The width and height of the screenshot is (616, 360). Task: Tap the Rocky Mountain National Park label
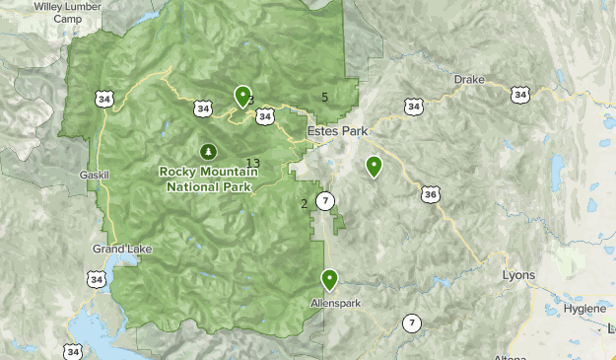coord(209,178)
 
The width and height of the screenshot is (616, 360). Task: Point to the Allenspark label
coord(329,302)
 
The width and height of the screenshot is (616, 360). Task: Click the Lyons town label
coord(518,275)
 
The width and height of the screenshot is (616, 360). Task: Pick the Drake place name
coord(469,80)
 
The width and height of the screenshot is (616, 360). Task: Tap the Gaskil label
coord(99,175)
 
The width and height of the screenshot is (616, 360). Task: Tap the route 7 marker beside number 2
coord(326,202)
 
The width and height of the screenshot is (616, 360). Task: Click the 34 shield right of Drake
coord(520,95)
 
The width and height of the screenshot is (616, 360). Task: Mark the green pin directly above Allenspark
coord(329,280)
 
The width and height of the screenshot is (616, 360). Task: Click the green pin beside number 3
coord(241,96)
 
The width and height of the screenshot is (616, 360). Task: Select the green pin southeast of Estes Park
coord(374,167)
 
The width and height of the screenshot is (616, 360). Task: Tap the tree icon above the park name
coord(207,151)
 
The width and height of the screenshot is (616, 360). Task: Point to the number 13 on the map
coord(253,164)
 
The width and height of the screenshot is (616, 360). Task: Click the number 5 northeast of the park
coord(324,96)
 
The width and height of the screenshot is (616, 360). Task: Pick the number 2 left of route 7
coord(304,204)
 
